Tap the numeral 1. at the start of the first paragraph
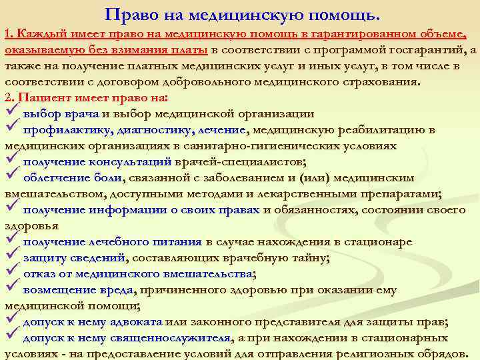[9, 34]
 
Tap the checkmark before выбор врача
[11, 113]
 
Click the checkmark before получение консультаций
[11, 161]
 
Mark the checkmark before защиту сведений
[11, 257]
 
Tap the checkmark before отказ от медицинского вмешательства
[11, 273]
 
